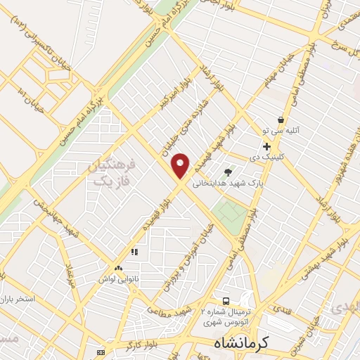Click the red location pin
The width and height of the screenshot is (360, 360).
(181, 165)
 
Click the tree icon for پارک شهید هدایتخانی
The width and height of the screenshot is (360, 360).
(227, 171)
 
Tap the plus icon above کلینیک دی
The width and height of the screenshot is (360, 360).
(267, 146)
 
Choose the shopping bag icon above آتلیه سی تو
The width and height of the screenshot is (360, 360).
(281, 120)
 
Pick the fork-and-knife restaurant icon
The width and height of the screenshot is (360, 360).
(132, 251)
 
